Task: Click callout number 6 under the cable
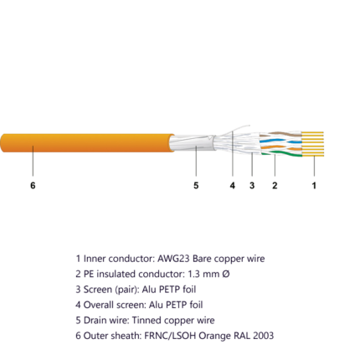click(x=33, y=185)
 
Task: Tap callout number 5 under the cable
click(x=196, y=185)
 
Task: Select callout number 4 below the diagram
click(x=233, y=185)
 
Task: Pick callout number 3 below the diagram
click(x=252, y=185)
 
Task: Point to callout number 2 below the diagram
click(x=275, y=185)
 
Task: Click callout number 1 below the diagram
click(x=314, y=185)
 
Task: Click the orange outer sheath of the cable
click(x=87, y=143)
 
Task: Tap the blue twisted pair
click(x=280, y=141)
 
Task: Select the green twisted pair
click(x=282, y=153)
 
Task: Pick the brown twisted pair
click(x=280, y=134)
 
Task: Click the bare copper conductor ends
click(x=313, y=144)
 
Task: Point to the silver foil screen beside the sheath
click(x=193, y=143)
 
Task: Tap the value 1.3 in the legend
click(x=193, y=274)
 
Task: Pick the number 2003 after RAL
click(x=263, y=336)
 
